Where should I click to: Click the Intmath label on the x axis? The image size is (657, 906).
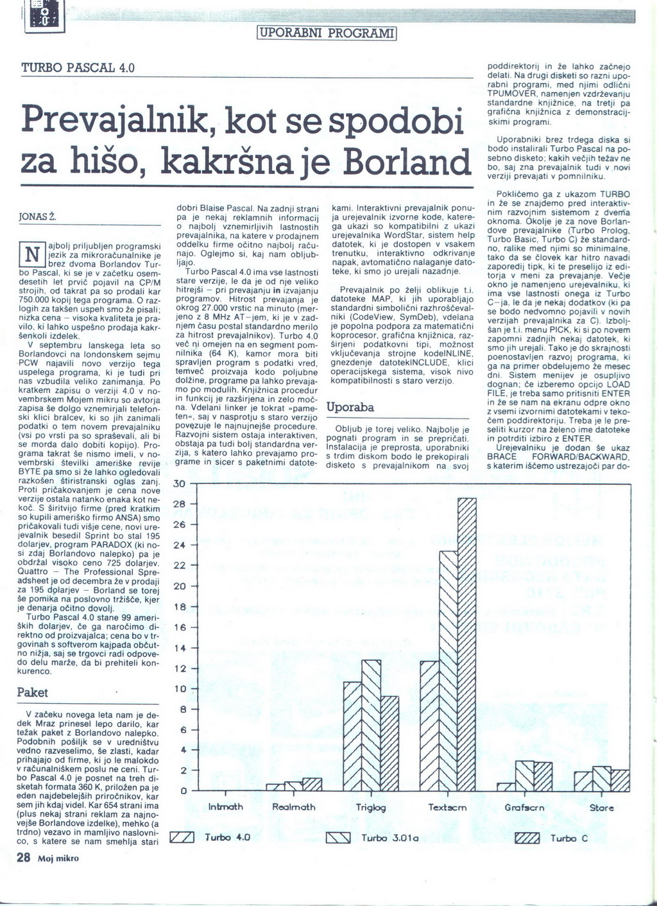pos(226,807)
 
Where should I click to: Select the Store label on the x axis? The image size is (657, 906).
pos(601,808)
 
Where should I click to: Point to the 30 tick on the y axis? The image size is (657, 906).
pos(180,483)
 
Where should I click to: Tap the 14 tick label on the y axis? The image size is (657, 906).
pos(180,648)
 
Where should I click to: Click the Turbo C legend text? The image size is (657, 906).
pos(569,838)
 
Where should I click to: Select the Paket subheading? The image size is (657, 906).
pos(32,693)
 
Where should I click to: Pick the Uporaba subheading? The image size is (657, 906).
pos(350,407)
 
